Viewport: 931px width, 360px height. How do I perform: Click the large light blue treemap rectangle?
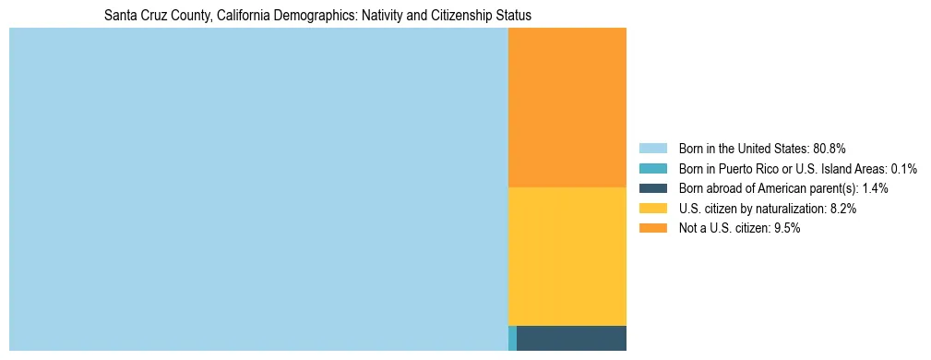coord(258,189)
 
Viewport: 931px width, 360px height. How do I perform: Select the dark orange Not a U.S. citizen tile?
coord(567,107)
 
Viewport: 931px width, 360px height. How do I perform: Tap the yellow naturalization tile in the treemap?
coord(567,256)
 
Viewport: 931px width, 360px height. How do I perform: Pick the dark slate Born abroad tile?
coord(571,338)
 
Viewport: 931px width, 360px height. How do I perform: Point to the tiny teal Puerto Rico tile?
coord(512,338)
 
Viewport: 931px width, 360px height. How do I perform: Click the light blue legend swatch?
coord(653,149)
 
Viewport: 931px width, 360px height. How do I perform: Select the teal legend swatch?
coord(653,169)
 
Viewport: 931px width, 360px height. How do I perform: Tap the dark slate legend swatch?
coord(653,188)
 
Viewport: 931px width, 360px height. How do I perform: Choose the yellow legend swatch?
coord(653,209)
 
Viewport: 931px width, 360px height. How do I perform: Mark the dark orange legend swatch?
coord(653,229)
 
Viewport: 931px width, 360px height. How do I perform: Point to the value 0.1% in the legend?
coord(902,169)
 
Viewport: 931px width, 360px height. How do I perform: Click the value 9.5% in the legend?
coord(785,229)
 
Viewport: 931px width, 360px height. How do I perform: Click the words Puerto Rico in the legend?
coord(748,169)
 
